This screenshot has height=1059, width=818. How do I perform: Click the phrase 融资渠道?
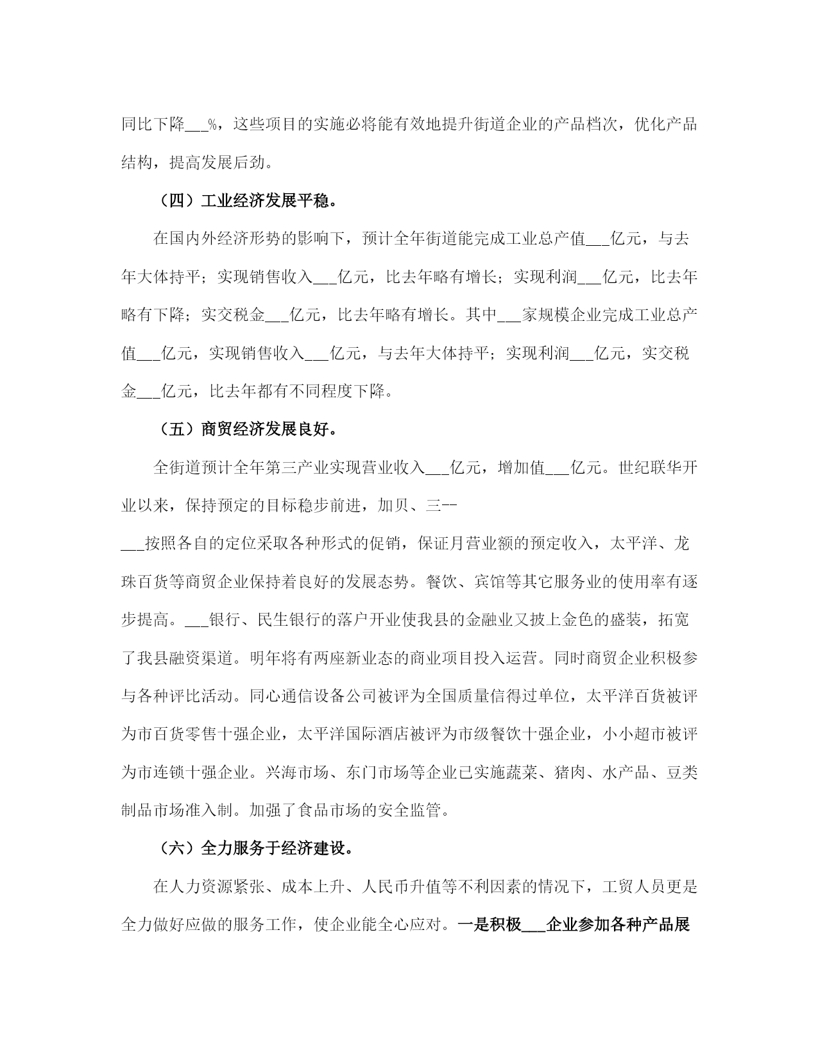coord(200,659)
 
